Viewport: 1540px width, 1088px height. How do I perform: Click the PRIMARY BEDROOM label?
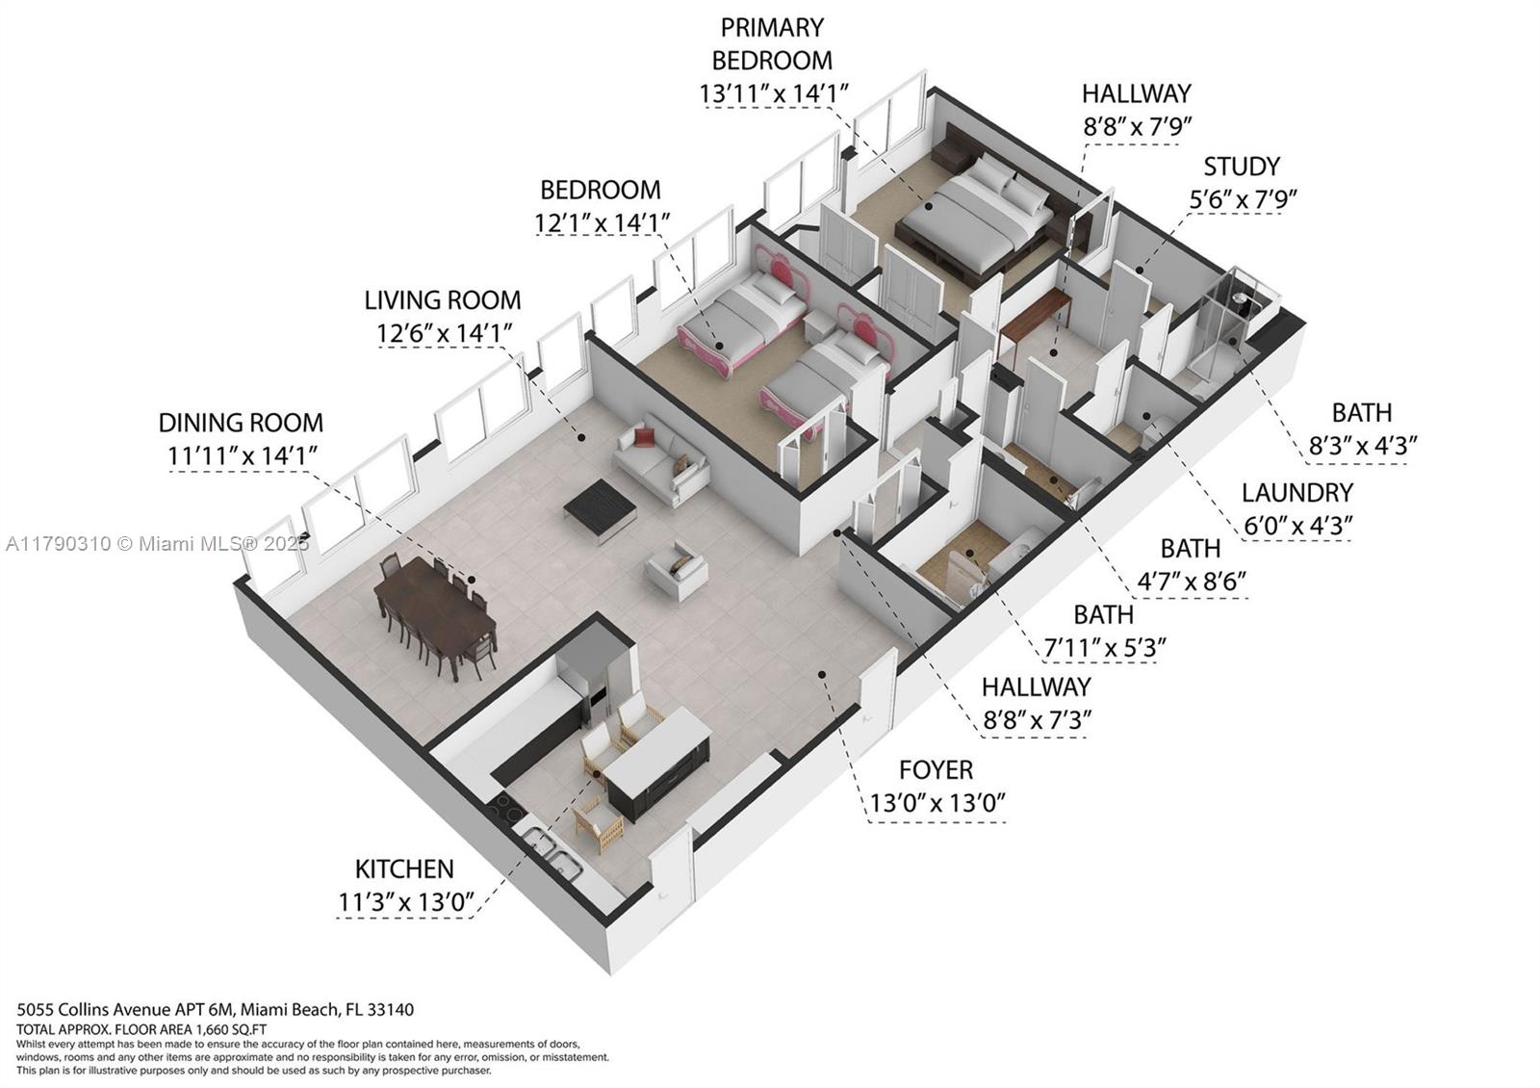pos(772,43)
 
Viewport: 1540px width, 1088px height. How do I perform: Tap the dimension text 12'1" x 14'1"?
pos(602,223)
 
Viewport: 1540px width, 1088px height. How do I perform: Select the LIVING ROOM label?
pos(443,300)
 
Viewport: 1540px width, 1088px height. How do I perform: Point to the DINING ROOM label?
pos(241,423)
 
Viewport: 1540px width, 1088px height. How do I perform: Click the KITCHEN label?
pos(404,869)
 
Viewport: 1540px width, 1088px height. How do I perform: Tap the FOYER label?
pos(936,770)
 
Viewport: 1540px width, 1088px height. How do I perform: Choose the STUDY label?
pos(1242,167)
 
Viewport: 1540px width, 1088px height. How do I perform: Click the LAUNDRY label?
pos(1296,493)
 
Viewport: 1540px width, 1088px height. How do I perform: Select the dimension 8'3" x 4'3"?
pos(1362,446)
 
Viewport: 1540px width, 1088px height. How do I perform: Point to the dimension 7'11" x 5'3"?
pos(1105,647)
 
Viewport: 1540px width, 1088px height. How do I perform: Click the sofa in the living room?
pos(662,459)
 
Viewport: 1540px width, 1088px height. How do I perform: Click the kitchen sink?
pos(552,856)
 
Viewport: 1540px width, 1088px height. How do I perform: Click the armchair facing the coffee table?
pos(677,569)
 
